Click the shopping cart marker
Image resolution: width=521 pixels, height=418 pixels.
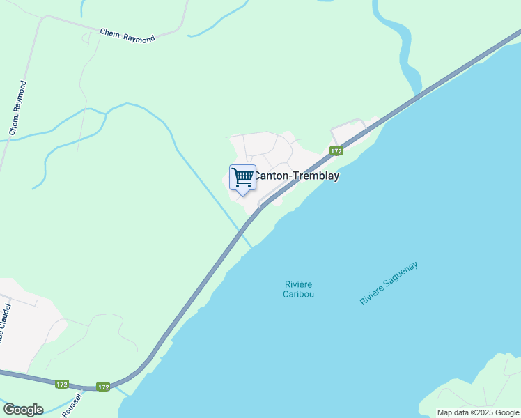pyautogui.click(x=242, y=178)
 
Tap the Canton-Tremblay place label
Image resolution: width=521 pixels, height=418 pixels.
pyautogui.click(x=296, y=176)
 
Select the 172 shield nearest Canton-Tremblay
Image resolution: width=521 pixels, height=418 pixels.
pyautogui.click(x=336, y=151)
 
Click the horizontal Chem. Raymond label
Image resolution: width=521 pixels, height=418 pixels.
pyautogui.click(x=127, y=35)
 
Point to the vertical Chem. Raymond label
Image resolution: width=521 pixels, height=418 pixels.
pyautogui.click(x=18, y=107)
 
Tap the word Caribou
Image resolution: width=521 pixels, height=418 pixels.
pyautogui.click(x=298, y=295)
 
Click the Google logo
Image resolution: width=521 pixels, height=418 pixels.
pyautogui.click(x=23, y=410)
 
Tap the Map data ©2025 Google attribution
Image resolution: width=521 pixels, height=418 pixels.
pyautogui.click(x=478, y=412)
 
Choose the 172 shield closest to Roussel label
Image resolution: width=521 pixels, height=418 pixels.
pyautogui.click(x=104, y=387)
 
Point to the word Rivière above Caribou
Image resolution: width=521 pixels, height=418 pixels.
pyautogui.click(x=298, y=284)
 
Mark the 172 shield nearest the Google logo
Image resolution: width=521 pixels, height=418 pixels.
pyautogui.click(x=62, y=384)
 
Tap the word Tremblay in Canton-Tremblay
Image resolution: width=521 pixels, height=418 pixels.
pyautogui.click(x=315, y=176)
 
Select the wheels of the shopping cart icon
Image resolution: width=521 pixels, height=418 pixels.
pyautogui.click(x=243, y=185)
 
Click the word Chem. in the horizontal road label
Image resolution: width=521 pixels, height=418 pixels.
pyautogui.click(x=110, y=33)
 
